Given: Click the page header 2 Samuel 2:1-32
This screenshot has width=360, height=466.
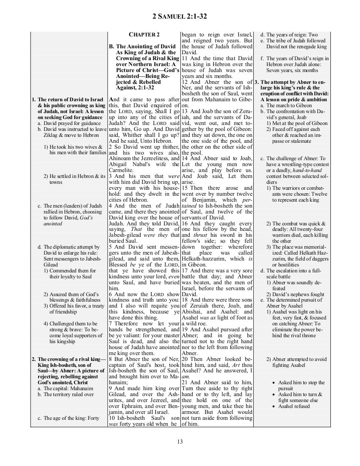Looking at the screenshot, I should coord(180,17).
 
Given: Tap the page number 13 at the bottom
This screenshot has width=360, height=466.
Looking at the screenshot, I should coord(180,442).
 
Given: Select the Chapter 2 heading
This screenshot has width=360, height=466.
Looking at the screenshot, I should coord(144,34).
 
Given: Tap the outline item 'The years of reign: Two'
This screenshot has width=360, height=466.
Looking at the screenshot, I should coord(289,35).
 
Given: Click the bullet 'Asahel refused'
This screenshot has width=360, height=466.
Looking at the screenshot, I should coord(294,406).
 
